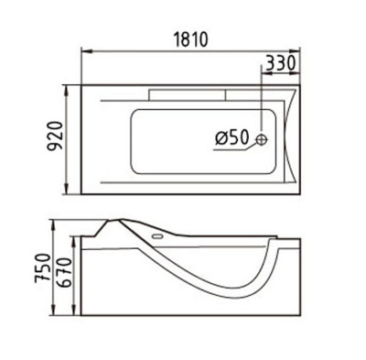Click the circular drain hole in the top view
coord(263,139)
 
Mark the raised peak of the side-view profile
coord(121,221)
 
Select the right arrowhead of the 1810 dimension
coord(299,51)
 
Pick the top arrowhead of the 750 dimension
coord(49,224)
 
